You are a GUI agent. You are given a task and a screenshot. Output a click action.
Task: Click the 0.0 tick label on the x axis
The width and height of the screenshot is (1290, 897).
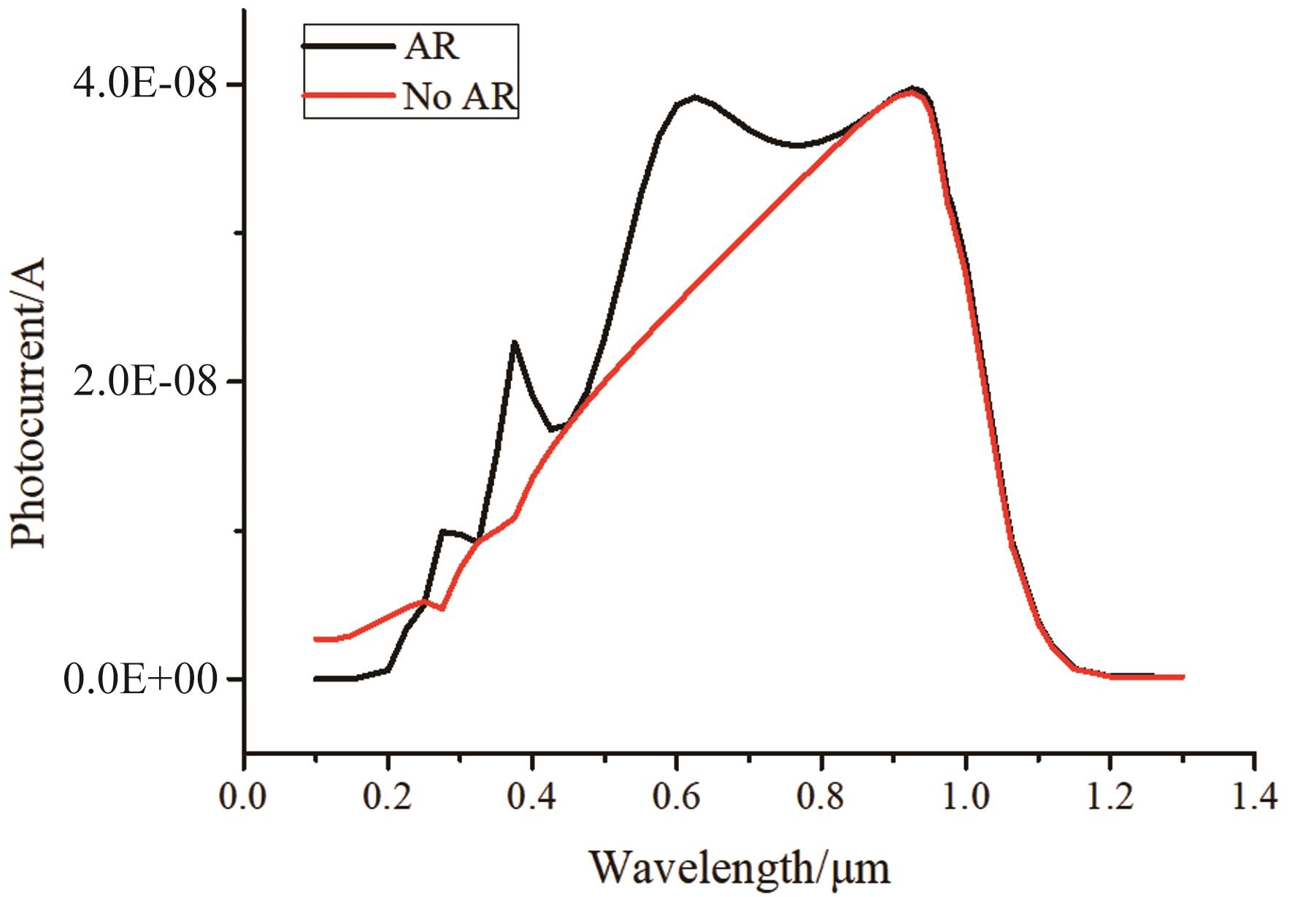(x=244, y=796)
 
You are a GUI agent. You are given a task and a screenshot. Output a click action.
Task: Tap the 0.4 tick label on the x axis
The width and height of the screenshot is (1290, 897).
(x=533, y=796)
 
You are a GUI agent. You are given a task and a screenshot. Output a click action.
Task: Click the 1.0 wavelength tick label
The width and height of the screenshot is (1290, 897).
(x=966, y=796)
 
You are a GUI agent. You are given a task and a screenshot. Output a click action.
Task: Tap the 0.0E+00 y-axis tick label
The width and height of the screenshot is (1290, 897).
(x=141, y=680)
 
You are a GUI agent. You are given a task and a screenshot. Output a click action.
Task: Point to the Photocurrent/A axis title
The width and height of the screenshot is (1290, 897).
(x=29, y=402)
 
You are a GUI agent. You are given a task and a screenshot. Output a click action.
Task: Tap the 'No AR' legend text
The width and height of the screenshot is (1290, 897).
(x=459, y=96)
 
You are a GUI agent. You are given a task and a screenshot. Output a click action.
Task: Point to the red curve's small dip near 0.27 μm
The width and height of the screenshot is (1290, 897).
(x=442, y=608)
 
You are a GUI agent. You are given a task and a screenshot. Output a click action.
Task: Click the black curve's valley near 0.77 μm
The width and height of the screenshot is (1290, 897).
(x=799, y=145)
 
